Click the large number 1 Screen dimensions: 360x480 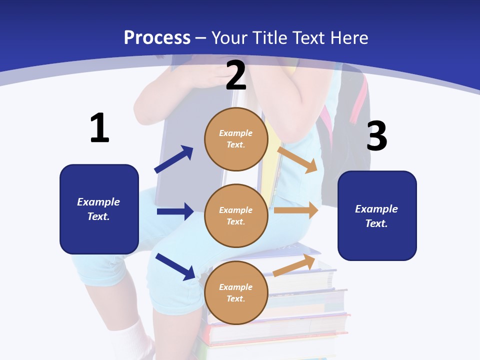pos(99,128)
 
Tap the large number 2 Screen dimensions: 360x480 pos(236,75)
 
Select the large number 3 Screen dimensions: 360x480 pos(376,136)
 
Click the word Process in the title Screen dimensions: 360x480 pos(157,37)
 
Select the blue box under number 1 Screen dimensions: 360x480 pos(99,209)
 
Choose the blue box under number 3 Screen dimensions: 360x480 pos(377,215)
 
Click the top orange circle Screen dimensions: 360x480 pos(236,139)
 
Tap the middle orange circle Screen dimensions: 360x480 pos(236,215)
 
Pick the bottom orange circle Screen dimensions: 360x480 pos(236,292)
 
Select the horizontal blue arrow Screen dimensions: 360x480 pos(175,211)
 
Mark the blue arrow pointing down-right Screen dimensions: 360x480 pos(175,266)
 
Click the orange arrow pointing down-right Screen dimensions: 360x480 pos(297,159)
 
